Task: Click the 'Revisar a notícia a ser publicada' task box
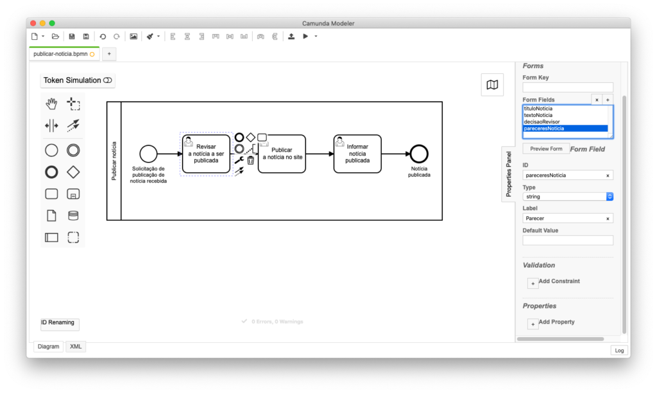206,154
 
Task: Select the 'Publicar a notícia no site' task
282,154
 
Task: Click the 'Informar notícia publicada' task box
357,154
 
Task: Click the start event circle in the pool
148,154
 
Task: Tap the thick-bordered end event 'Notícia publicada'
419,154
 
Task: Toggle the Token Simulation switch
108,80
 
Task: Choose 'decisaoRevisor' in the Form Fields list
542,121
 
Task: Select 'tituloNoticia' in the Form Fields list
538,109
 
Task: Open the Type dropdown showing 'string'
568,197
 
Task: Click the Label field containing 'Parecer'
568,218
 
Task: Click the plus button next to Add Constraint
533,284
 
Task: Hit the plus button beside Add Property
533,324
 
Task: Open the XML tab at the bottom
76,347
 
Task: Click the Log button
619,350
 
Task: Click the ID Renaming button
60,324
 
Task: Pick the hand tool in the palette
51,103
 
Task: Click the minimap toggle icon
492,85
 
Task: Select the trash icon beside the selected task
251,161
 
